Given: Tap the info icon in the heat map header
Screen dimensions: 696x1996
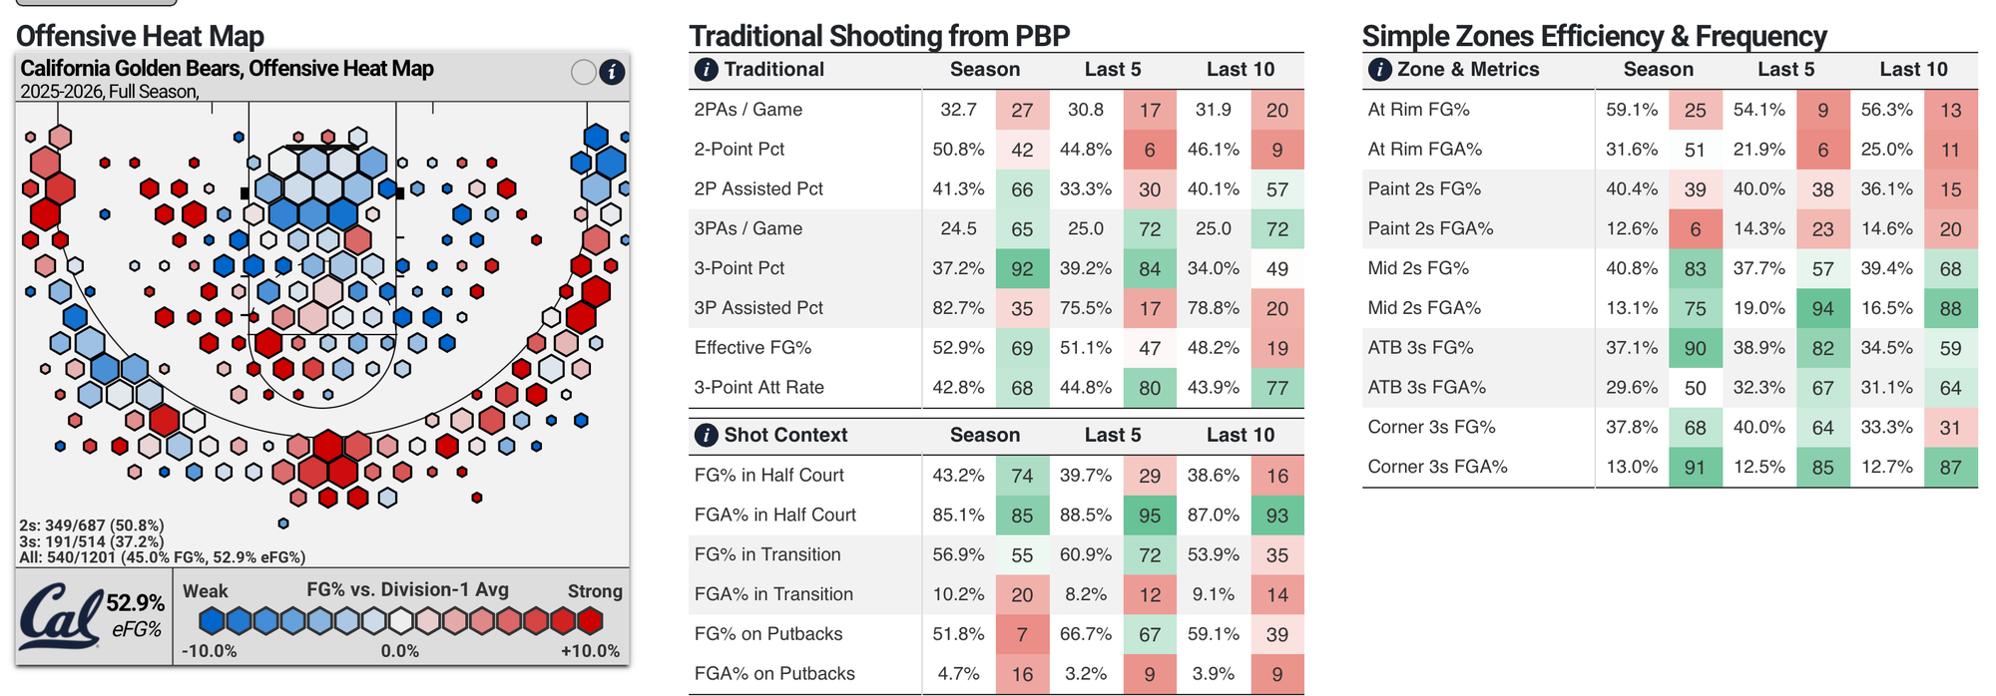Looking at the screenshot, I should pyautogui.click(x=612, y=72).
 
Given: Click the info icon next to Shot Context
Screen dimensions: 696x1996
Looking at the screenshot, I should pyautogui.click(x=705, y=436).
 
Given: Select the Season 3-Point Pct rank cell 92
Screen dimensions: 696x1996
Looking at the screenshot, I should pyautogui.click(x=1022, y=268).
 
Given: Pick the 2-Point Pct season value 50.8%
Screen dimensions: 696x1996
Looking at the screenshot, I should pyautogui.click(x=958, y=150).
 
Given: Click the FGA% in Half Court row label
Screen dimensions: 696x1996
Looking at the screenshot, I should pyautogui.click(x=774, y=516).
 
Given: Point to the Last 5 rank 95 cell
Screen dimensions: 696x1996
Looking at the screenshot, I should pyautogui.click(x=1150, y=516).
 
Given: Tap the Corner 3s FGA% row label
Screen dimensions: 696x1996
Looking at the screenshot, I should pyautogui.click(x=1437, y=467).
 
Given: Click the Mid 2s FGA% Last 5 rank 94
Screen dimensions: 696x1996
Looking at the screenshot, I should pyautogui.click(x=1822, y=308).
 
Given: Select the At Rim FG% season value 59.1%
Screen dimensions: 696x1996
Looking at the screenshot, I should pyautogui.click(x=1632, y=110).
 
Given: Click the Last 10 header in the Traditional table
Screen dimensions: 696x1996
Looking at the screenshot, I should pyautogui.click(x=1240, y=70).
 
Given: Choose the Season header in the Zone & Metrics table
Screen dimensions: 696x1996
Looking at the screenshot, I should pyautogui.click(x=1658, y=70).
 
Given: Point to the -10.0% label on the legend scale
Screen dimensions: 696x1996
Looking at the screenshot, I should pyautogui.click(x=210, y=651).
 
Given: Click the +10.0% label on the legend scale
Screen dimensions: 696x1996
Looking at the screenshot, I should pyautogui.click(x=590, y=651).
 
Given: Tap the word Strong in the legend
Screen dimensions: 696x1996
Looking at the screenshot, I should pyautogui.click(x=595, y=591).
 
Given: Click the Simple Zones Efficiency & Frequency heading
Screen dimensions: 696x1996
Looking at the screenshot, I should pyautogui.click(x=1594, y=37).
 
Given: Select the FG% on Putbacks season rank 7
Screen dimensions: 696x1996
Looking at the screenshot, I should pyautogui.click(x=1022, y=634).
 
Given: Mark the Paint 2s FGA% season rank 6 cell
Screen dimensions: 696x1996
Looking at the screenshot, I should pyautogui.click(x=1695, y=228).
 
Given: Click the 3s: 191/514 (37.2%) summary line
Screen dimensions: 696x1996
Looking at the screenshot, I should pyautogui.click(x=92, y=541).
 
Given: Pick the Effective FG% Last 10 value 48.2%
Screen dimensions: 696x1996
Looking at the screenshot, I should pyautogui.click(x=1213, y=348).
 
